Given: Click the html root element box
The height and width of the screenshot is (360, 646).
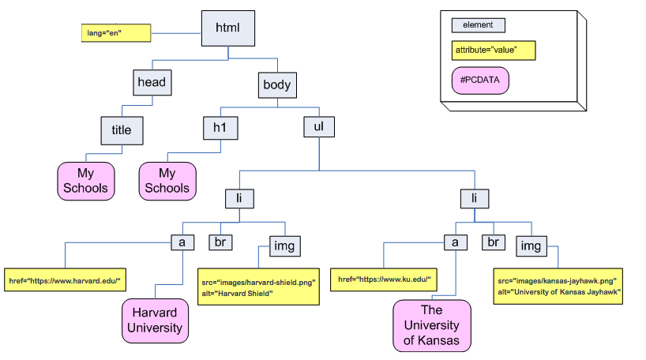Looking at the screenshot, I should [x=227, y=28].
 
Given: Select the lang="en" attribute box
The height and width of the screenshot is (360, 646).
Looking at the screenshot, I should [x=105, y=33].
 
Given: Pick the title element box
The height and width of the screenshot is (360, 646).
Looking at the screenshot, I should [x=122, y=130].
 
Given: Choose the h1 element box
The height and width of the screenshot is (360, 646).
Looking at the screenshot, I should [x=220, y=127].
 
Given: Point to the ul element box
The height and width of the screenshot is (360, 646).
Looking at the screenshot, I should [x=319, y=126].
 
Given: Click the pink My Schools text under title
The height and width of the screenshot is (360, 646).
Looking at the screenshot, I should [x=85, y=181].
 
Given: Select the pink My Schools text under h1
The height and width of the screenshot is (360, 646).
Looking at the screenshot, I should [x=167, y=181].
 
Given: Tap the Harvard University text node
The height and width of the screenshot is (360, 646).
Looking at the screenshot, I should [x=156, y=321].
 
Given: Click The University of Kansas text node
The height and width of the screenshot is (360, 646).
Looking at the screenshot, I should [x=431, y=325].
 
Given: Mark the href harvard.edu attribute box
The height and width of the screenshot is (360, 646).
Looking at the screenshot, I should [x=66, y=279].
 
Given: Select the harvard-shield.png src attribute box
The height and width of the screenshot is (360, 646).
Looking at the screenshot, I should [x=257, y=287].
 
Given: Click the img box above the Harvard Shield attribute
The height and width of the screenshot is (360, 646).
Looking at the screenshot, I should [x=284, y=246].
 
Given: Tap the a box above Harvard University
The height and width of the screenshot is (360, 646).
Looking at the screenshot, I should [x=182, y=242].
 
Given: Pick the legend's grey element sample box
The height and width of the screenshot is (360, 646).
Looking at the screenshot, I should [x=478, y=25].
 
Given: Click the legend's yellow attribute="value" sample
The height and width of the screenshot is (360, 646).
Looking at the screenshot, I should [x=494, y=51].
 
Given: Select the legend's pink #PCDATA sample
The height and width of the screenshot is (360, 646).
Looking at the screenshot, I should [x=479, y=80].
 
